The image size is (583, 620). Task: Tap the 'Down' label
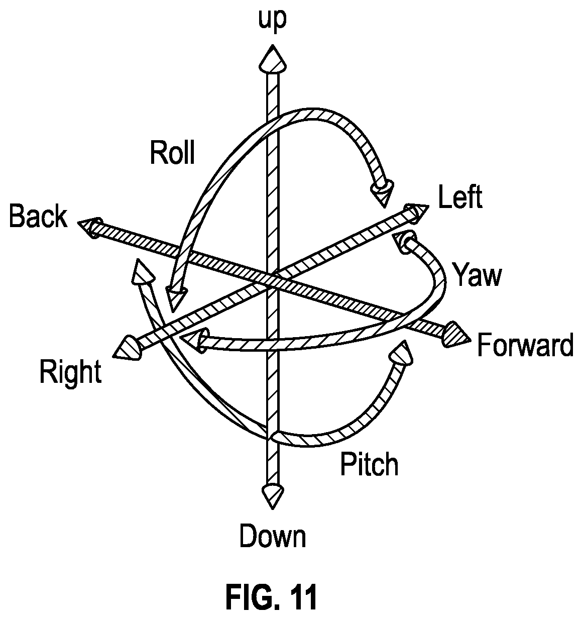(273, 537)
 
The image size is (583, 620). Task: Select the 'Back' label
(38, 216)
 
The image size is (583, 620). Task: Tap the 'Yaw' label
(477, 274)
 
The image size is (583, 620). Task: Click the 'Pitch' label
(369, 464)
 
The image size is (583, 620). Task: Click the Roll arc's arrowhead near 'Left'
(382, 192)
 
